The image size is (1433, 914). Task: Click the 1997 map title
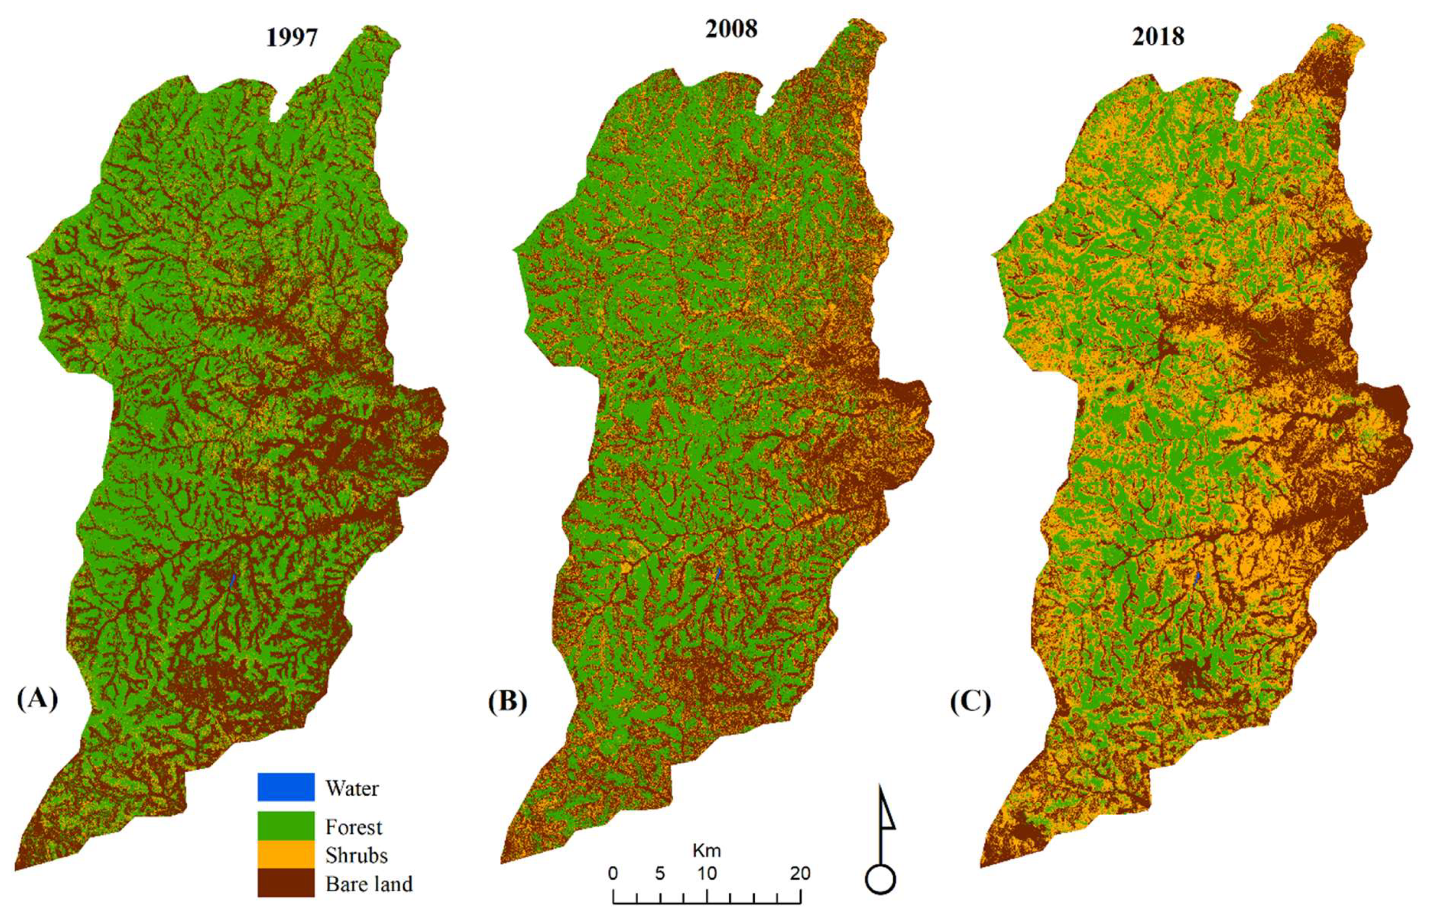point(292,38)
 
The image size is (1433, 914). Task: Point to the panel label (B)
point(507,702)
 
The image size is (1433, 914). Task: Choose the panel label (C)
point(971,702)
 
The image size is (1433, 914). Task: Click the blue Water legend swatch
point(286,787)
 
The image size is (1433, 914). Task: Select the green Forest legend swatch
point(286,826)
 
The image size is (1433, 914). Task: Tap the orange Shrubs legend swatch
point(286,854)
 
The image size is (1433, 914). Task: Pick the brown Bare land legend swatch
point(286,884)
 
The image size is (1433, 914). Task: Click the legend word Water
point(352,788)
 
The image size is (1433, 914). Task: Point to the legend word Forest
point(353,827)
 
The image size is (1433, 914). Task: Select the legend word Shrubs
point(356,855)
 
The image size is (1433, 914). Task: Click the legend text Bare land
point(369,884)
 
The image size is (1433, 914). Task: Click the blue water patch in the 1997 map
point(233,580)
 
